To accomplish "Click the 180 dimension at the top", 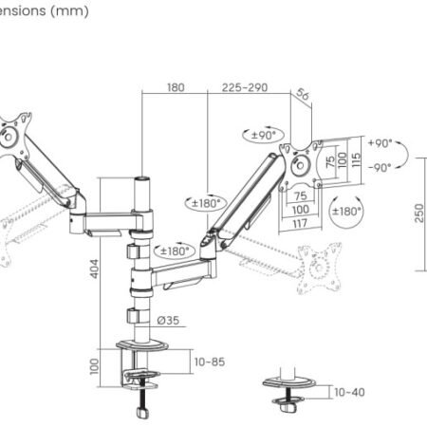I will (x=176, y=87).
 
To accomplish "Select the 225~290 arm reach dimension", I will (x=245, y=87).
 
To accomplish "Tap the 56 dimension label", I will (x=302, y=95).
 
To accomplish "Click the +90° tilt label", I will (x=380, y=143).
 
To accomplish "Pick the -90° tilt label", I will (x=380, y=168).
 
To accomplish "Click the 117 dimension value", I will (x=301, y=223).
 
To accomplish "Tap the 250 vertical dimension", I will (x=418, y=215).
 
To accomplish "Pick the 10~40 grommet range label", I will (x=347, y=391).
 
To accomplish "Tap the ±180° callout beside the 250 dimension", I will (x=346, y=211).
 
